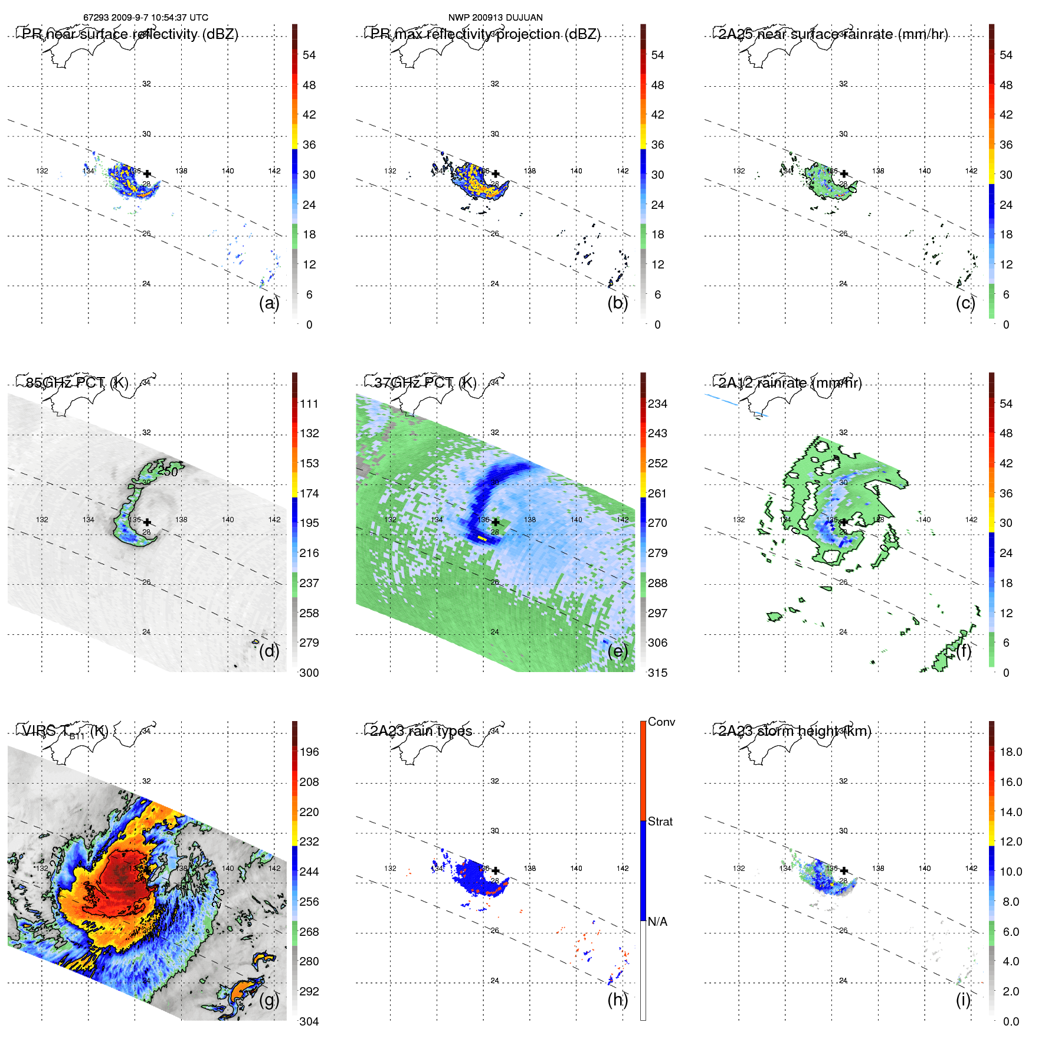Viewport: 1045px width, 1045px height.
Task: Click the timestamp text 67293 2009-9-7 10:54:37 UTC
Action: [146, 18]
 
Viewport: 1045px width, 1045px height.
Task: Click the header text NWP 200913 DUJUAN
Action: [495, 18]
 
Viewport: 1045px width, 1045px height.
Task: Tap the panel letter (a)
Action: [268, 303]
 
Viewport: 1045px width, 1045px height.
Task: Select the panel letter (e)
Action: [617, 651]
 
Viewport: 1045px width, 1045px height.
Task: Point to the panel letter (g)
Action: [268, 1000]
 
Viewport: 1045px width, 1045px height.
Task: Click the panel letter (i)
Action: [963, 1000]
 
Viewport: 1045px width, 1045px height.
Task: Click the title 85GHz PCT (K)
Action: [77, 382]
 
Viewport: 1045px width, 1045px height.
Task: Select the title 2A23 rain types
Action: [421, 731]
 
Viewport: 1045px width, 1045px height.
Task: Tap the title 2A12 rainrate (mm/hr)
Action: [790, 382]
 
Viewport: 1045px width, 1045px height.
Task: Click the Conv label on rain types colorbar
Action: [661, 722]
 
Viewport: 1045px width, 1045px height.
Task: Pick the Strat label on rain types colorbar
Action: [660, 821]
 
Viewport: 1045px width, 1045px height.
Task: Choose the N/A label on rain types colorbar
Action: [657, 922]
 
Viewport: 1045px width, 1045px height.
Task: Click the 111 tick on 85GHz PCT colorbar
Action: [309, 404]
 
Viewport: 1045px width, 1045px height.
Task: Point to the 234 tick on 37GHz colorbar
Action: [657, 404]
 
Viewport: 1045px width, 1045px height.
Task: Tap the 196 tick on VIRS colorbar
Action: [309, 752]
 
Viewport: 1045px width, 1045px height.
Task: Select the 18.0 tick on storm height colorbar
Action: [1011, 752]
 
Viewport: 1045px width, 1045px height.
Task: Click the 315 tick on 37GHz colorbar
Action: [657, 673]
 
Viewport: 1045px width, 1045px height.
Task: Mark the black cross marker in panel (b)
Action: [496, 173]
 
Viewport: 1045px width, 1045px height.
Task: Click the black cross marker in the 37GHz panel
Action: [496, 522]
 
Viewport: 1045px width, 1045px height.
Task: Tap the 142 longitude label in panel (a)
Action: [274, 171]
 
